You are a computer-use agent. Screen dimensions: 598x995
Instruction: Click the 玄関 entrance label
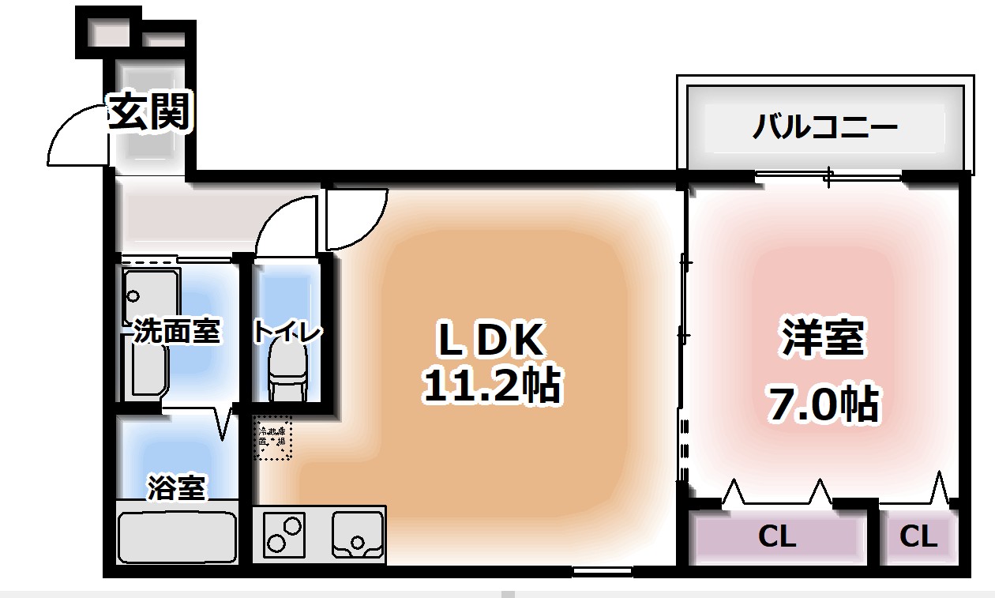pos(150,111)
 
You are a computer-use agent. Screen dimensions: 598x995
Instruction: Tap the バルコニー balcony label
pos(824,126)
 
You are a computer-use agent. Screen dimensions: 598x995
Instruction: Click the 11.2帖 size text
pos(491,386)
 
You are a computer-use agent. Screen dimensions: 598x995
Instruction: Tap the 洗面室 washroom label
pos(175,332)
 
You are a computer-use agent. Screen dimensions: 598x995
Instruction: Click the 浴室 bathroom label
pos(176,487)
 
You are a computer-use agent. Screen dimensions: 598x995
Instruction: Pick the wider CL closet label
pos(777,537)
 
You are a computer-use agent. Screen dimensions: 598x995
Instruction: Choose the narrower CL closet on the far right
pos(918,537)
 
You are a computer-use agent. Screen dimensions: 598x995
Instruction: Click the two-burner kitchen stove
pos(285,534)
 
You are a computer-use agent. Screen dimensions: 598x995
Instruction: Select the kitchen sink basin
pos(357,534)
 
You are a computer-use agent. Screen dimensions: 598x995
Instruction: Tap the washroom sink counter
pos(146,332)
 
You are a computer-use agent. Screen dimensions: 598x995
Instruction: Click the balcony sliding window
pos(828,175)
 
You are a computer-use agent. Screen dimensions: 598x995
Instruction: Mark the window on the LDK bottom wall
pos(602,571)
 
